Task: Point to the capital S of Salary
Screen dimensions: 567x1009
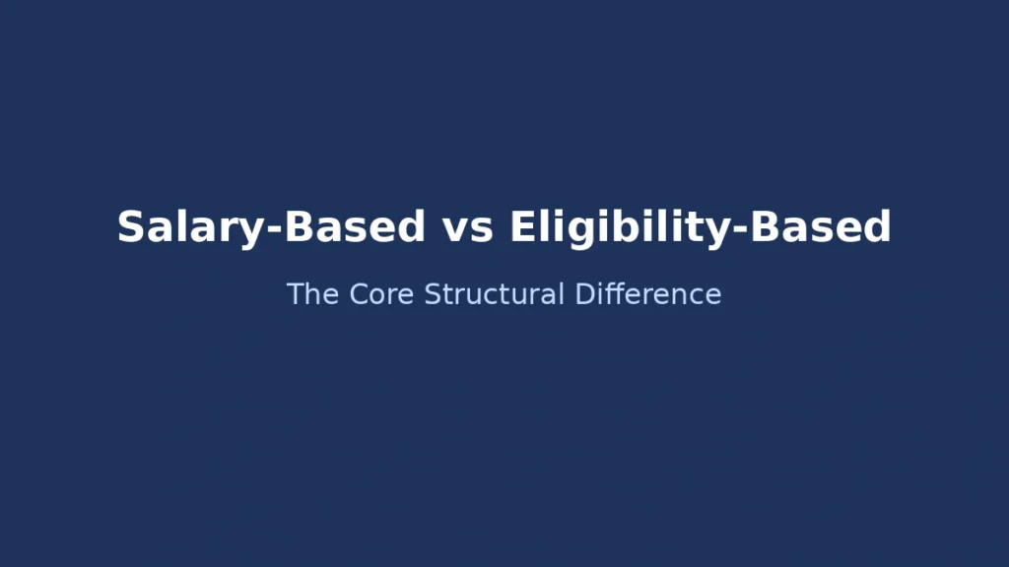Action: pos(130,227)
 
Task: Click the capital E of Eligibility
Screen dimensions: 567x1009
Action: pos(522,227)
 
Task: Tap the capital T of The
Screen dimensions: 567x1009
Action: pos(295,294)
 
